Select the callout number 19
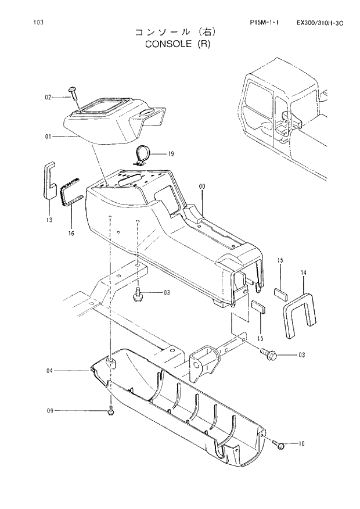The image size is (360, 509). click(171, 154)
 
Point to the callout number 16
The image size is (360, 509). click(71, 233)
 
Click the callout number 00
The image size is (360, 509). click(202, 187)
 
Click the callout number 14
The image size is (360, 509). click(303, 272)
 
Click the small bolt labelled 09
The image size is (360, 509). click(111, 411)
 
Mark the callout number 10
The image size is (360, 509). click(301, 445)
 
